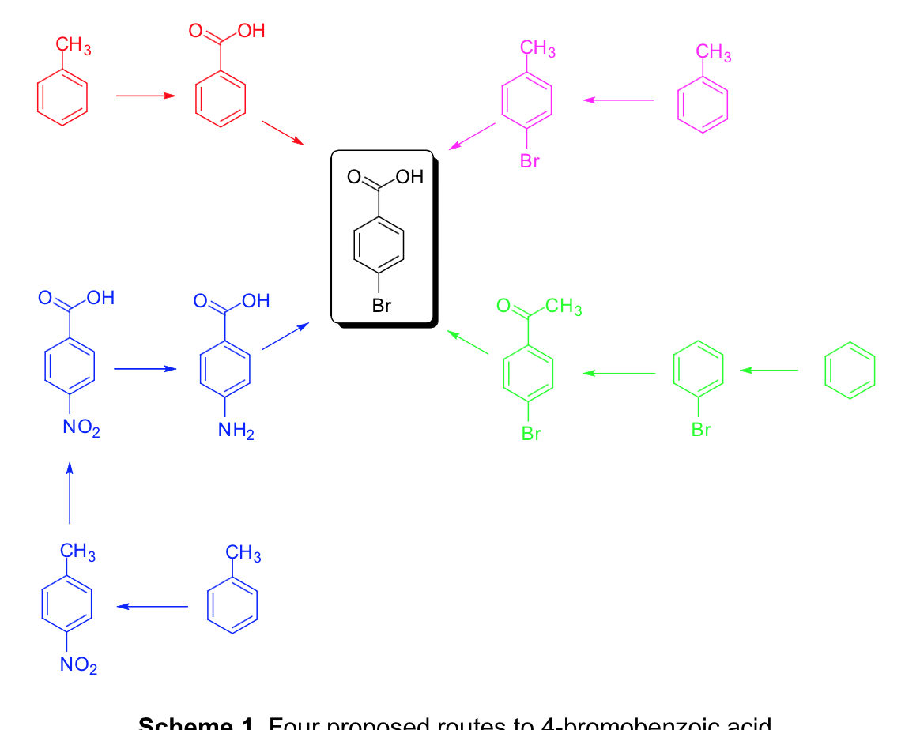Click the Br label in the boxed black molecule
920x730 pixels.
click(x=382, y=306)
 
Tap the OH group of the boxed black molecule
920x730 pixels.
click(x=410, y=177)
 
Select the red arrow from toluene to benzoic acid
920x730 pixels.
click(x=145, y=96)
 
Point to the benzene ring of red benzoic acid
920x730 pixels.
click(x=221, y=101)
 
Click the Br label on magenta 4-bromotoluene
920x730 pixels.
click(x=530, y=162)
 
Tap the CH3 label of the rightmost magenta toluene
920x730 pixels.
click(x=714, y=53)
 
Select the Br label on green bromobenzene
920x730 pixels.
click(x=701, y=430)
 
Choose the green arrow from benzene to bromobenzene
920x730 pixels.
click(x=768, y=370)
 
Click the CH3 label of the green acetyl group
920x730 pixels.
click(x=564, y=307)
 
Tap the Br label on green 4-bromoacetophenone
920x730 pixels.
click(x=531, y=434)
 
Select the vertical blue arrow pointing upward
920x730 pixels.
click(x=70, y=492)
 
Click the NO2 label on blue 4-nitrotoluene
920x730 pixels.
click(x=79, y=667)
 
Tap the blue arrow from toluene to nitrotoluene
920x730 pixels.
click(x=152, y=606)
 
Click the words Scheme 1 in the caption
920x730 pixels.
click(x=198, y=724)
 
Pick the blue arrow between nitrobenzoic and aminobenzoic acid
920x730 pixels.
click(x=144, y=369)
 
